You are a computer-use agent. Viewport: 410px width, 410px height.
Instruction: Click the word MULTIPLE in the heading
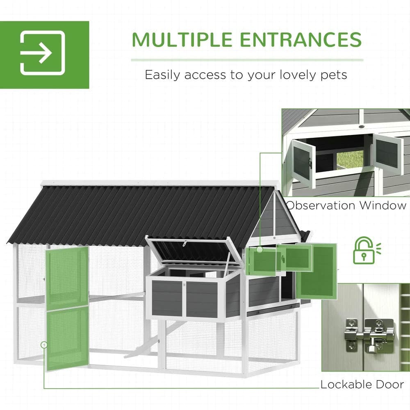pos(182,39)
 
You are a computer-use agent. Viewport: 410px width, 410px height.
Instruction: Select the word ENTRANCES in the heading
pos(301,39)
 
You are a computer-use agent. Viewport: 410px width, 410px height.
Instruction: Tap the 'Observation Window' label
pos(346,205)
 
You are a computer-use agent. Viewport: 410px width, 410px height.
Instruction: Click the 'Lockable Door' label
pos(362,385)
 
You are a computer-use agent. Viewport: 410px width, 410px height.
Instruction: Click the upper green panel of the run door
pos(67,278)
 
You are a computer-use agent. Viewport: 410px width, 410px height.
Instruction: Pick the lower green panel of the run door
pos(68,338)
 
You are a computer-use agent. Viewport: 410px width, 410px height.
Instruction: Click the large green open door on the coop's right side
pos(317,271)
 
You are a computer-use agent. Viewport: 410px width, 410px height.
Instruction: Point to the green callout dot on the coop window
pos(260,249)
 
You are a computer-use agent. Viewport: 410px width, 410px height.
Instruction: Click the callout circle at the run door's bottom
pos(44,345)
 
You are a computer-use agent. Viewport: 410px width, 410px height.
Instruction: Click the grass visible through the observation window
pos(350,160)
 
